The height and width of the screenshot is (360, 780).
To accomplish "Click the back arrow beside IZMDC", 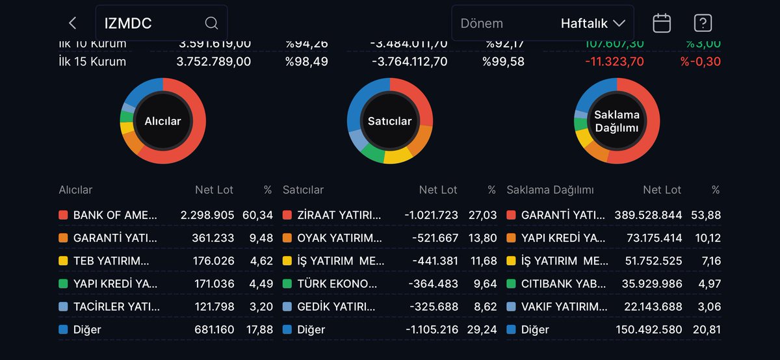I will pyautogui.click(x=72, y=23).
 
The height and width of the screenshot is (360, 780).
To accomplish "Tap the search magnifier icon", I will pyautogui.click(x=211, y=23).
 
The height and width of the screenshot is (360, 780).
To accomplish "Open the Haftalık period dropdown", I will pyautogui.click(x=593, y=23).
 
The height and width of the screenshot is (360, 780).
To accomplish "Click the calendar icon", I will pyautogui.click(x=662, y=23).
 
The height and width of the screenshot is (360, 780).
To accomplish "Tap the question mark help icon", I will pyautogui.click(x=703, y=23).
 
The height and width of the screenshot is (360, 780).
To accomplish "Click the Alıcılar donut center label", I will pyautogui.click(x=162, y=122).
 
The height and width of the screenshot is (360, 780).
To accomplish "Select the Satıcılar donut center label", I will pyautogui.click(x=389, y=122).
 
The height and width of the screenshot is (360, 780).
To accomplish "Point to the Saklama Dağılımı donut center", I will pyautogui.click(x=617, y=122).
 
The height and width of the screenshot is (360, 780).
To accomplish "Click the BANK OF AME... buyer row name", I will pyautogui.click(x=115, y=215).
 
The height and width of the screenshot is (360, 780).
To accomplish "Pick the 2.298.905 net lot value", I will pyautogui.click(x=206, y=215).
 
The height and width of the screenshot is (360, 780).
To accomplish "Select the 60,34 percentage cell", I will pyautogui.click(x=260, y=215).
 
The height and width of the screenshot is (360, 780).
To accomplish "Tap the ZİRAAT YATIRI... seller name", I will pyautogui.click(x=339, y=215).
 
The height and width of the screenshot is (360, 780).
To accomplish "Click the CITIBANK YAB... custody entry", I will pyautogui.click(x=564, y=284).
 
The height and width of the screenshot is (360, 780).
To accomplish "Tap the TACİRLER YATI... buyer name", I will pyautogui.click(x=114, y=307).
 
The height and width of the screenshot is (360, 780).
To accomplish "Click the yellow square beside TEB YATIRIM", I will pyautogui.click(x=63, y=261).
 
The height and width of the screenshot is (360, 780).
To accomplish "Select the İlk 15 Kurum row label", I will pyautogui.click(x=92, y=62).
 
